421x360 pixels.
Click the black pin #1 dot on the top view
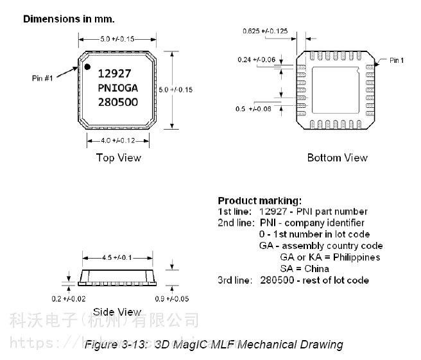coord(85,66)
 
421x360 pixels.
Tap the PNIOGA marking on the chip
coord(118,88)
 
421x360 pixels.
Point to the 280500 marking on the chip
coord(118,103)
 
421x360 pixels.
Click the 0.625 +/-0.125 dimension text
coord(265,31)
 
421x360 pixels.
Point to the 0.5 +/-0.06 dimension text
coord(253,109)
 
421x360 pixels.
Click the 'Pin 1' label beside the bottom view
coord(397,60)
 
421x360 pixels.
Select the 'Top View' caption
coord(118,158)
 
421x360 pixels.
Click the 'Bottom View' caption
coord(337,158)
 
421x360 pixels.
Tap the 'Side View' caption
coord(117,312)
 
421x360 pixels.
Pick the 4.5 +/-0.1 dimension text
coord(117,257)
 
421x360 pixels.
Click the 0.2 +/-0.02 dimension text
coord(69,299)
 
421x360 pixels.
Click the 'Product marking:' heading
coord(259,200)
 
